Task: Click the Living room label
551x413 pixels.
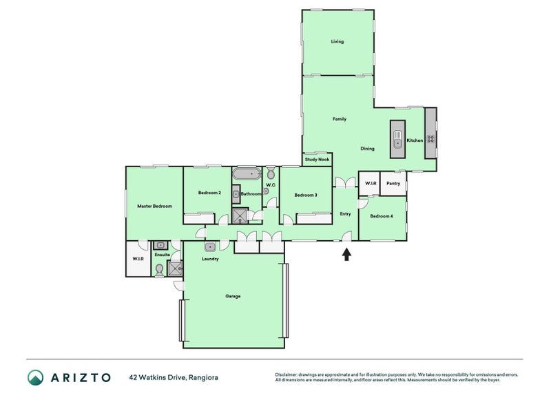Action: coord(337,41)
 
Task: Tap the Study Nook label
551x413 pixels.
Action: coord(317,160)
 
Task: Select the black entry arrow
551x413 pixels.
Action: coord(347,254)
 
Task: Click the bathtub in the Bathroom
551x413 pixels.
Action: coord(247,174)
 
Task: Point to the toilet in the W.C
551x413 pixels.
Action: coord(271,173)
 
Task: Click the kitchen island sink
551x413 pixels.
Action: coord(397,140)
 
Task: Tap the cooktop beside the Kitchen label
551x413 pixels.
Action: coord(430,139)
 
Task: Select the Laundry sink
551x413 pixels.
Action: coord(210,247)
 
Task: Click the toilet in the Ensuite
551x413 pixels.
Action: coord(159,270)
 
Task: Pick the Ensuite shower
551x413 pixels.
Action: coord(175,268)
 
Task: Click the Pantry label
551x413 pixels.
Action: coord(393,183)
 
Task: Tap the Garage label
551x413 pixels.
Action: coord(233,296)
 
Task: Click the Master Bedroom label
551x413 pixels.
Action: coord(154,206)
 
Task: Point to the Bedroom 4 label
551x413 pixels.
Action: coord(382,216)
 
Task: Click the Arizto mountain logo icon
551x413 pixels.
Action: coord(36,377)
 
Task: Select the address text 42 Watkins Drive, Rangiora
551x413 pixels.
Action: coord(174,377)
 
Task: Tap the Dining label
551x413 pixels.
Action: coord(367,149)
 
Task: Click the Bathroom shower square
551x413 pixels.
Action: coord(240,216)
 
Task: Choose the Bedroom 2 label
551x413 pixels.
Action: coord(209,193)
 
